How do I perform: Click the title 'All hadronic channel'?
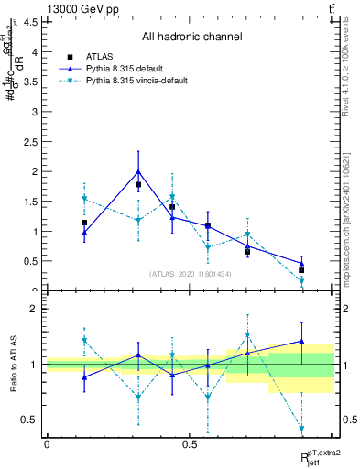coord(191,37)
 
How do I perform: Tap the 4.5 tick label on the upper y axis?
coord(30,22)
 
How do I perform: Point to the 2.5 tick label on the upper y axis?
coord(30,142)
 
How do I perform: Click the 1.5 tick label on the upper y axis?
coord(30,202)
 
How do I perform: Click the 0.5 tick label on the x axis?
coord(190,444)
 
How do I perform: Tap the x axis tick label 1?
coord(333,444)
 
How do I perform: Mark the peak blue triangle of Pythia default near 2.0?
coord(138,171)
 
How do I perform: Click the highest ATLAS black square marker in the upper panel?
coord(138,185)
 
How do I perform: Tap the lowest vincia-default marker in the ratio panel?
coord(301,429)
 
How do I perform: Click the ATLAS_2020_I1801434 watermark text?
coord(190,274)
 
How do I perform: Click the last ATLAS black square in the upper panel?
coord(301,270)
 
